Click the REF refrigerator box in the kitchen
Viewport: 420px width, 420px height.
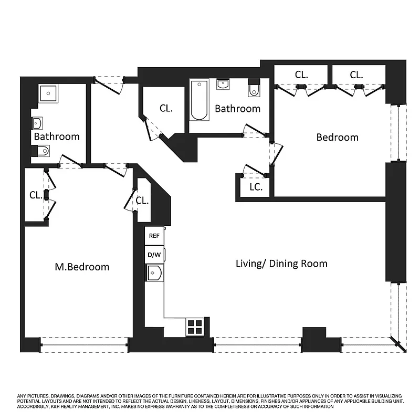154,236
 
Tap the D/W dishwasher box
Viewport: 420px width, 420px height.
154,255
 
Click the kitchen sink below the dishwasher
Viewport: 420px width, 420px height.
154,273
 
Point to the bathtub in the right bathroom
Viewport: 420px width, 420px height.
199,100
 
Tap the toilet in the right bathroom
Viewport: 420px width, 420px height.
254,89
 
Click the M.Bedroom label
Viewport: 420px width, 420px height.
82,267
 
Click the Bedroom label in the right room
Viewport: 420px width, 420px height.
337,137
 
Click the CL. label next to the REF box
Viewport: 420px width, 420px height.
142,200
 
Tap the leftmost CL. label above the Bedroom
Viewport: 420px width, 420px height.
301,75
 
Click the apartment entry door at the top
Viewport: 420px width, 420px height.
109,84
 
